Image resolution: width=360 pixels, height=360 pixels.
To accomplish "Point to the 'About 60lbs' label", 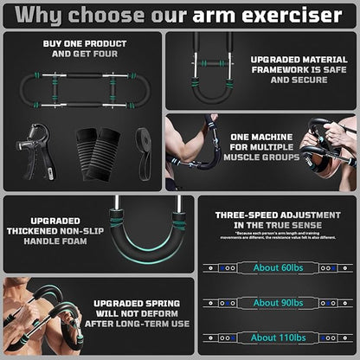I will click(x=278, y=267).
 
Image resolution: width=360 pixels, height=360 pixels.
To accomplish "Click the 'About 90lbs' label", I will click(x=278, y=302).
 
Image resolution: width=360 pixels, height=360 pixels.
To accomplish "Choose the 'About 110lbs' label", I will click(x=278, y=337).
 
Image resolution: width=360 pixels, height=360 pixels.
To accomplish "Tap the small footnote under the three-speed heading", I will click(x=278, y=238).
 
